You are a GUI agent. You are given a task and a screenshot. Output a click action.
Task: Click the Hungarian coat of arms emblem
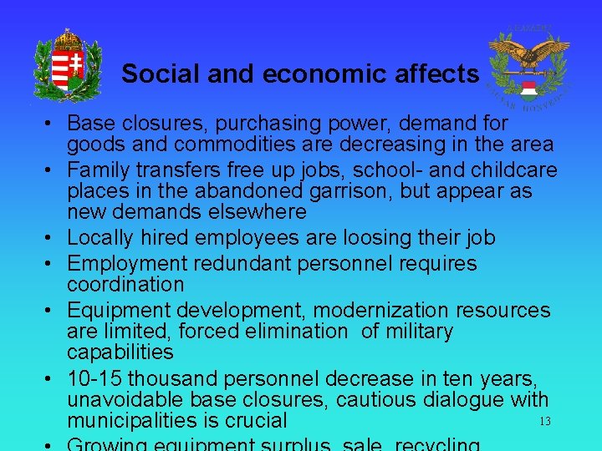(68, 64)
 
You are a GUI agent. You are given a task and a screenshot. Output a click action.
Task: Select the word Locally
(102, 238)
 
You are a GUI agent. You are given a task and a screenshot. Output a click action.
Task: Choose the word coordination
(125, 285)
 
